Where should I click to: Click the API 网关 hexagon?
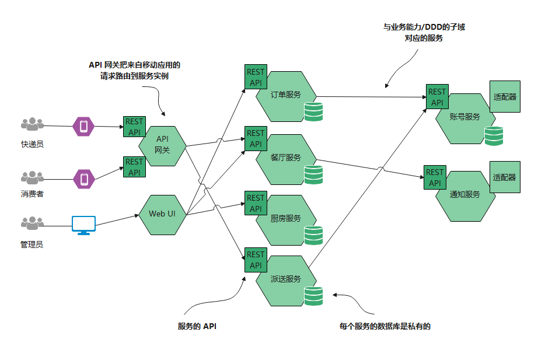(162, 146)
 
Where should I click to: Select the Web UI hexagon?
(162, 215)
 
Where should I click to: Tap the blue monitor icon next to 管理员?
(83, 225)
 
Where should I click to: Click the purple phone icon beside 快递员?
(83, 126)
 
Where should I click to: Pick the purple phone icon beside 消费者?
(83, 179)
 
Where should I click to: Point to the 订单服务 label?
(285, 95)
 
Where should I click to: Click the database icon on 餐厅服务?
(313, 174)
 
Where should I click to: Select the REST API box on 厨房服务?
(256, 203)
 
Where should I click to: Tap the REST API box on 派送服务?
(256, 260)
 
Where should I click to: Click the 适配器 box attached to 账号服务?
(505, 96)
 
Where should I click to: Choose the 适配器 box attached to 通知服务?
(505, 177)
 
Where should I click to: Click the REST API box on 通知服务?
(435, 177)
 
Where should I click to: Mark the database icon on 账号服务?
(494, 136)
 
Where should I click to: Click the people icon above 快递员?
(32, 124)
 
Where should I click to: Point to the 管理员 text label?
(32, 244)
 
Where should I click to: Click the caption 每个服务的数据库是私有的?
(385, 326)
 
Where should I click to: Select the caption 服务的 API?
(197, 326)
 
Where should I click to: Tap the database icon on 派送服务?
(313, 296)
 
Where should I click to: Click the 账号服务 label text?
(465, 117)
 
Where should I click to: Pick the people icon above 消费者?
(32, 177)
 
